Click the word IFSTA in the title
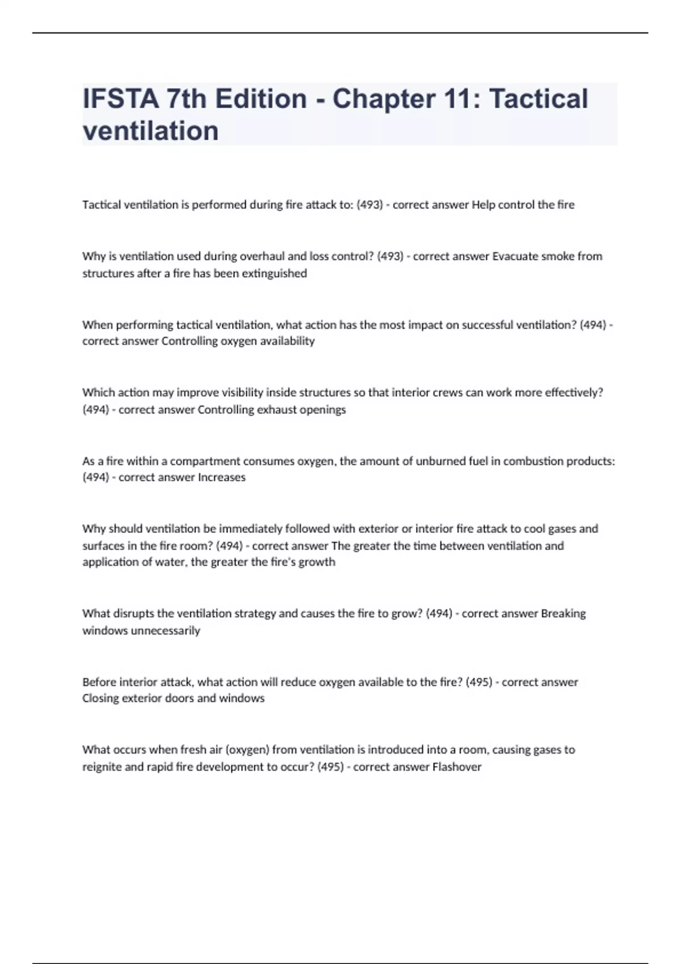click(120, 99)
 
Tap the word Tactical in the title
click(538, 99)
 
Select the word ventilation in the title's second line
click(150, 131)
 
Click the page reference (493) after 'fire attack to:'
click(369, 205)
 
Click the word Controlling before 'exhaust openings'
click(225, 409)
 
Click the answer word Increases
click(221, 477)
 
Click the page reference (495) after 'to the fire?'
click(479, 682)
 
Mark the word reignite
click(102, 767)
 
